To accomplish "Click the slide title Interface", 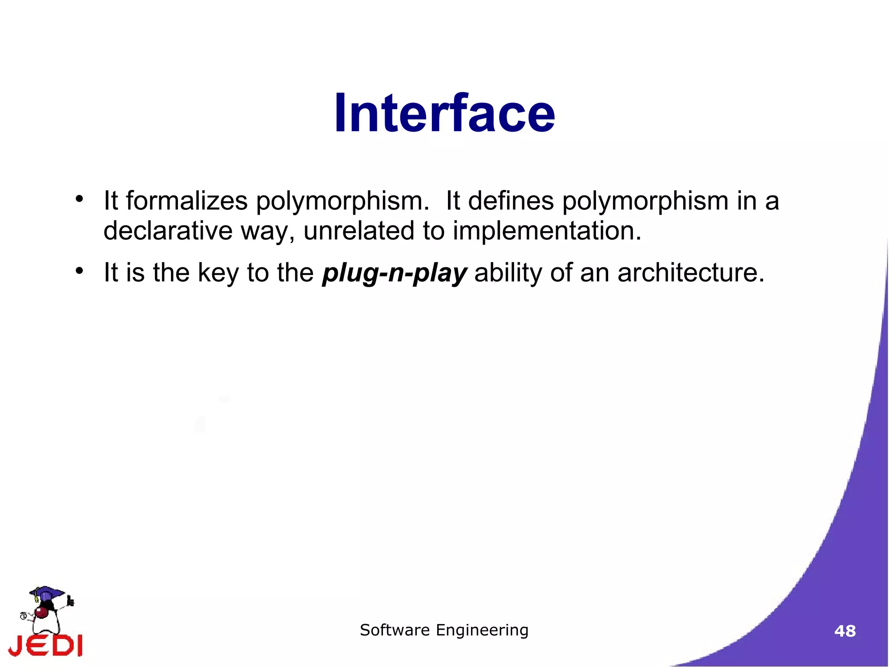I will coord(444,114).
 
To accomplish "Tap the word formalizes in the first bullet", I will coord(187,201).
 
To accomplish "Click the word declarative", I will coord(168,230).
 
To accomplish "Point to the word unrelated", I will coord(359,230).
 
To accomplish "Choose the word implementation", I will coord(547,230).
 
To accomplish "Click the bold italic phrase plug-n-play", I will coord(394,273).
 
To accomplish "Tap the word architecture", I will coord(690,273).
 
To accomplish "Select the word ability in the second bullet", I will coord(508,273).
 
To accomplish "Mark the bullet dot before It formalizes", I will coord(79,199).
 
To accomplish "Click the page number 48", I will coord(845,631).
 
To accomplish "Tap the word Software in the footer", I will coord(395,630).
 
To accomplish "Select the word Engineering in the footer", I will coord(482,630).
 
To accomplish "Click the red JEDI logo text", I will coord(46,645).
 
